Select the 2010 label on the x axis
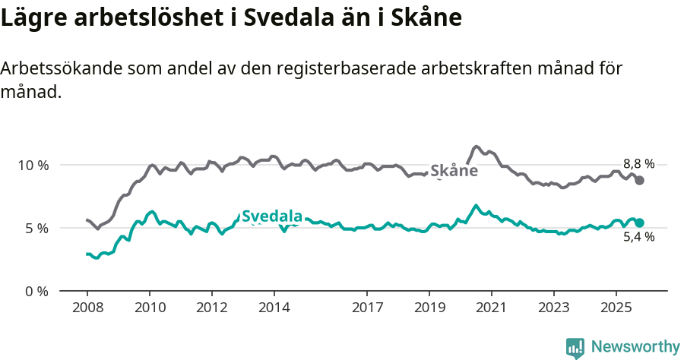[x=149, y=308]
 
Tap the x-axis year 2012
[x=211, y=308]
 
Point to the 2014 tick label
[x=274, y=308]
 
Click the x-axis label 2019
[x=429, y=308]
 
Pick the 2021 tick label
[x=492, y=308]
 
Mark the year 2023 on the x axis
[x=554, y=308]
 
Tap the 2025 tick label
[x=616, y=308]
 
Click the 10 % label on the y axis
[x=33, y=165]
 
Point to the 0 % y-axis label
[x=36, y=291]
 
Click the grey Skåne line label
[x=454, y=171]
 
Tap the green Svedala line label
[x=272, y=216]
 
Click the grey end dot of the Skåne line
[x=640, y=180]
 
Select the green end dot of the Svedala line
[x=640, y=223]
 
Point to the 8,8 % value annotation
[x=638, y=163]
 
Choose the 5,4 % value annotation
[x=638, y=237]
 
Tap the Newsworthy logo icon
[x=575, y=347]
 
